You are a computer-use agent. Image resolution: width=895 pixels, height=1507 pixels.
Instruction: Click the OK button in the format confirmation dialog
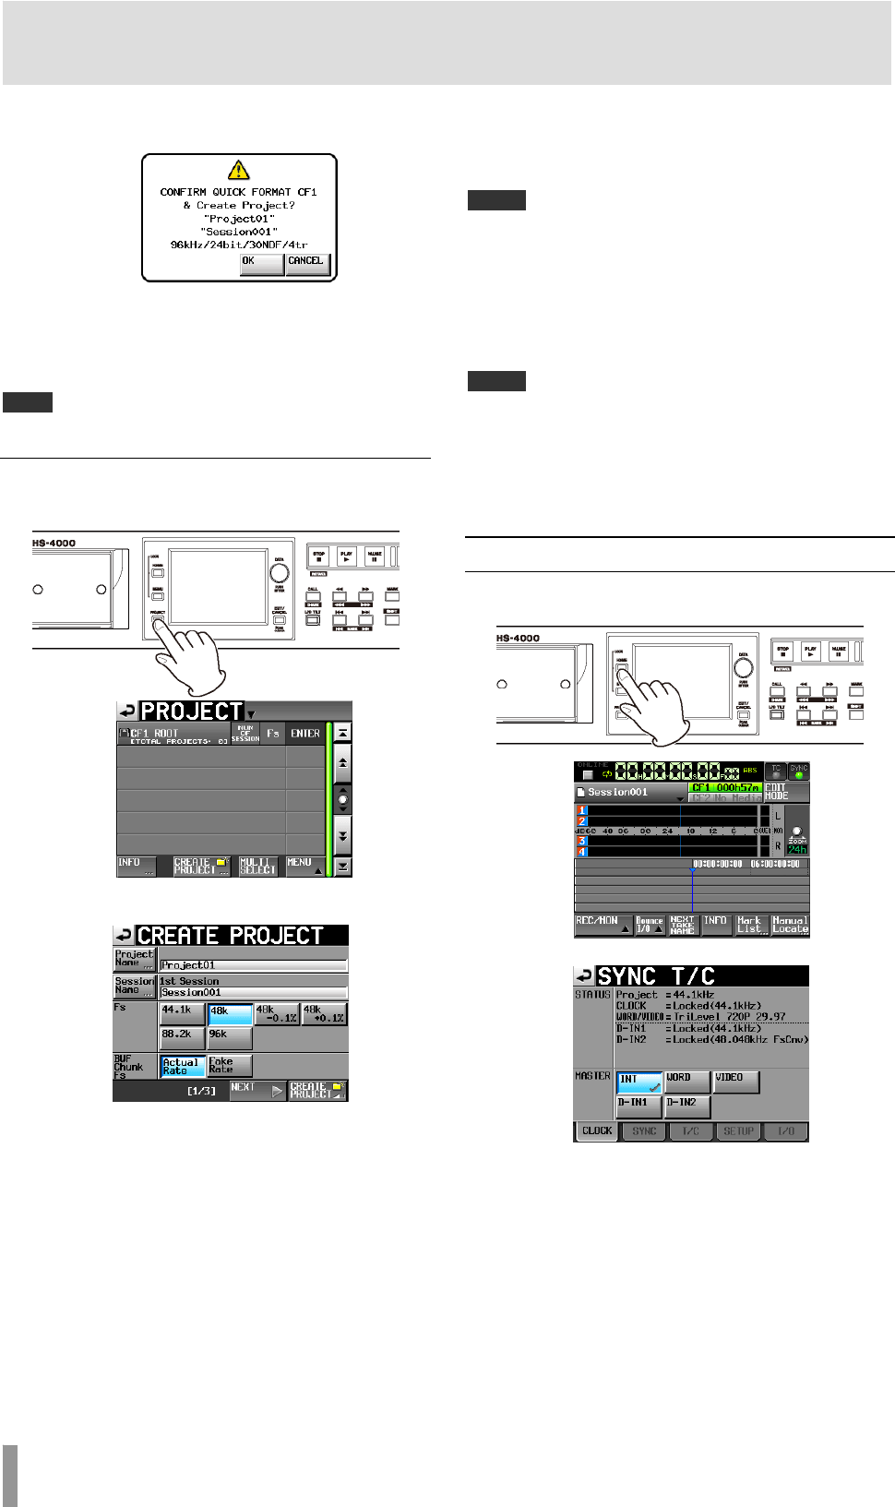click(261, 263)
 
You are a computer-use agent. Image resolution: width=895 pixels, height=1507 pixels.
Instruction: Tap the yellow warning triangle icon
click(239, 170)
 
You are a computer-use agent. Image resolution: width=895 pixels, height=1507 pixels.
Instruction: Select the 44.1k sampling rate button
click(181, 1014)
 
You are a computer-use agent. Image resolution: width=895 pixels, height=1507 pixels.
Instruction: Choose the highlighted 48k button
click(230, 1014)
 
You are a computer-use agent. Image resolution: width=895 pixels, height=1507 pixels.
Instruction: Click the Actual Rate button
click(182, 1067)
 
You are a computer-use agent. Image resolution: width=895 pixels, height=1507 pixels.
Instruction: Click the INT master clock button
click(639, 1082)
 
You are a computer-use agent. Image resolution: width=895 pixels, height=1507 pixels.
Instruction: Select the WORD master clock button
click(687, 1082)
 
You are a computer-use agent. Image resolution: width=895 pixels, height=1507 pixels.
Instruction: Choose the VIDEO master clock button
click(736, 1082)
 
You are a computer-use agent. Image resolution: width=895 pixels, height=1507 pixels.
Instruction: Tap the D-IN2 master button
click(687, 1106)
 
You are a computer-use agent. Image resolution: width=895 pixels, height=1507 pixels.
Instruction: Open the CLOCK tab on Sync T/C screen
click(597, 1131)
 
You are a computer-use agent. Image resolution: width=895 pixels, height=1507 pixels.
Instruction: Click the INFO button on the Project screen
click(136, 867)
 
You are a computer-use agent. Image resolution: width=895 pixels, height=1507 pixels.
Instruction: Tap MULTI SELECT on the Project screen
click(258, 867)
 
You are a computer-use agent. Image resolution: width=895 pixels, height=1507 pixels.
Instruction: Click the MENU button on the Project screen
click(304, 867)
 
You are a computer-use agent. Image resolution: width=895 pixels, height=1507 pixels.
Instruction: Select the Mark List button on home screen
click(750, 926)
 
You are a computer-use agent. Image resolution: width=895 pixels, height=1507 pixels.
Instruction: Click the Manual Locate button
click(791, 926)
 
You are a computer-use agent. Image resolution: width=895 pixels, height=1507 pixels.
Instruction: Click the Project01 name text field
click(254, 965)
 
